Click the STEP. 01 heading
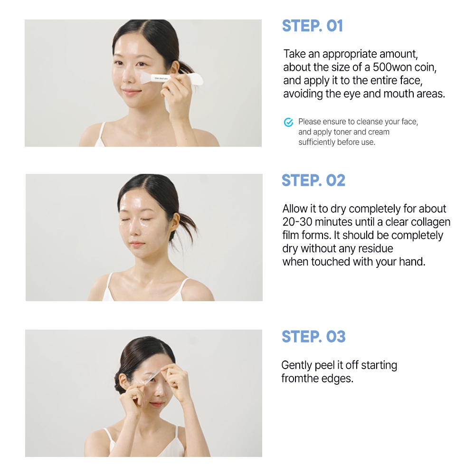click(x=313, y=26)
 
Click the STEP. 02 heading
click(x=313, y=180)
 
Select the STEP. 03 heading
click(x=313, y=337)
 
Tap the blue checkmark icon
click(x=288, y=122)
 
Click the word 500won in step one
click(x=391, y=67)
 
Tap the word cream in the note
click(x=379, y=132)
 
